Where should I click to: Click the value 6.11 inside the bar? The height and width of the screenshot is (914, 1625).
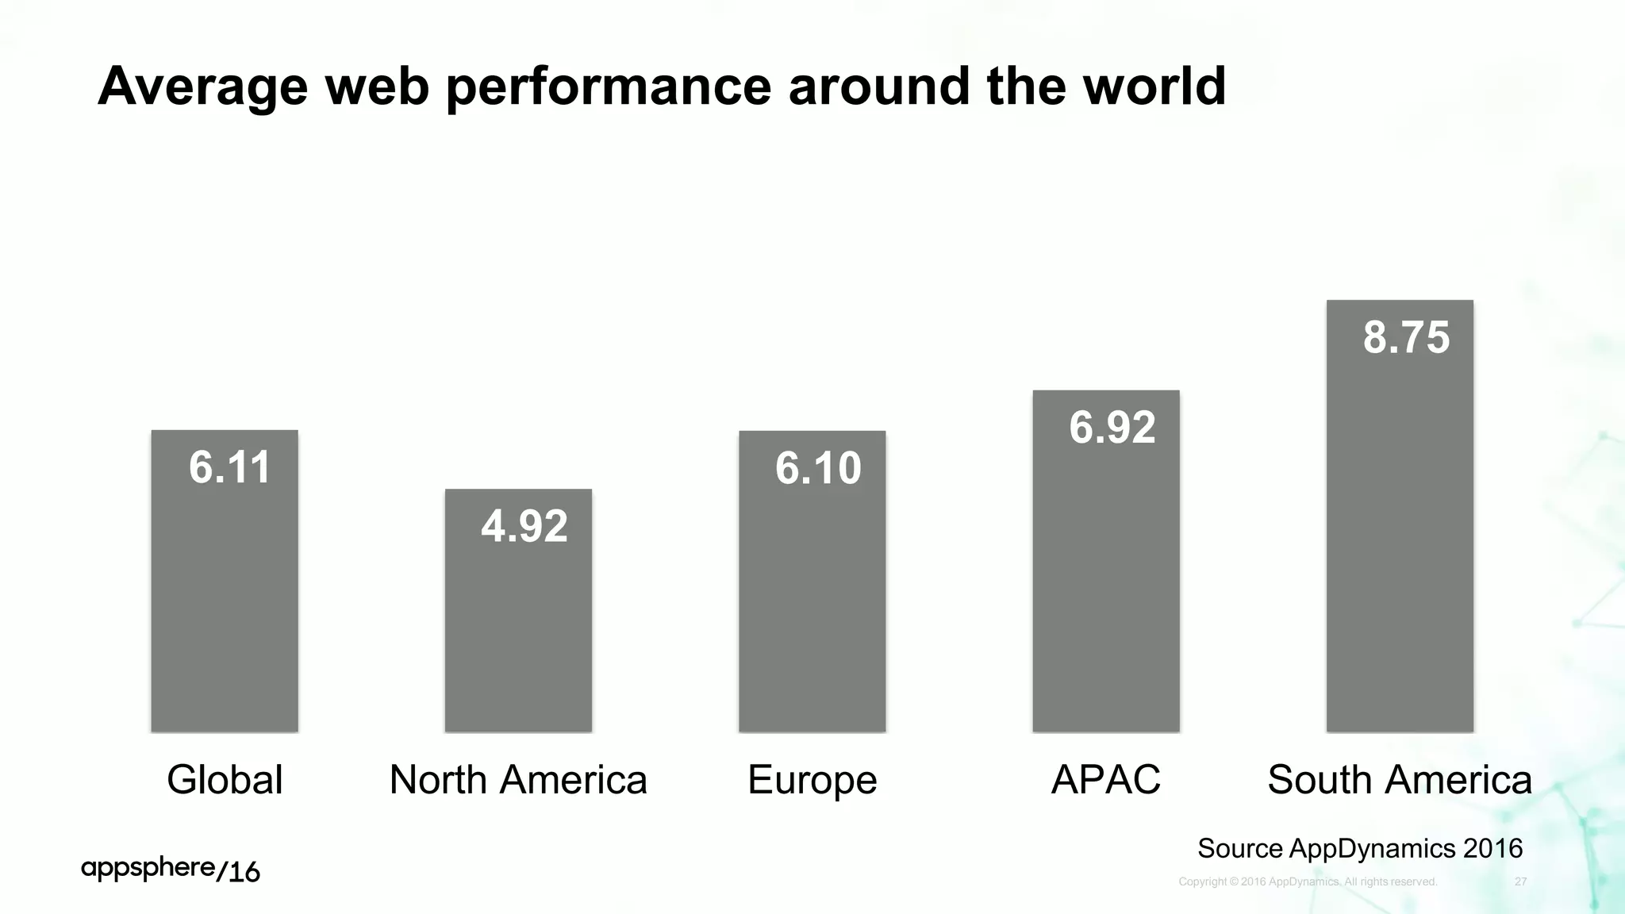click(229, 467)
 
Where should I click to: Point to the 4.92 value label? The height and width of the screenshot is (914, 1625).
click(524, 526)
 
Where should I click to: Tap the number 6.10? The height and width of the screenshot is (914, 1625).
click(818, 467)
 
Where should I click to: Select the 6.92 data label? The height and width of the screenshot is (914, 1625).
click(1112, 427)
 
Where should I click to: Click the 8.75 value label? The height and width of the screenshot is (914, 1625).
click(1406, 337)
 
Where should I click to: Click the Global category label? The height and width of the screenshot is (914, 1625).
click(225, 779)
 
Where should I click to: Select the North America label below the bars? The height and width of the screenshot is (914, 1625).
click(518, 779)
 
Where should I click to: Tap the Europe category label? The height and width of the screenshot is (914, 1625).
click(812, 780)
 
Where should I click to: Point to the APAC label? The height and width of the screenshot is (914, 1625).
click(1105, 779)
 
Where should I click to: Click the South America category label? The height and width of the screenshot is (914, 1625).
click(1400, 779)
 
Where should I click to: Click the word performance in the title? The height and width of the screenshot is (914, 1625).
click(609, 87)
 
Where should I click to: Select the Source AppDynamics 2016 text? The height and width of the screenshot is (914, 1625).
click(1360, 848)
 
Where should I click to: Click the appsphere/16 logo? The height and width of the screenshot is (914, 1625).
click(170, 870)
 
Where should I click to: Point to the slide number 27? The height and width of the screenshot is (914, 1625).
click(1520, 881)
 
